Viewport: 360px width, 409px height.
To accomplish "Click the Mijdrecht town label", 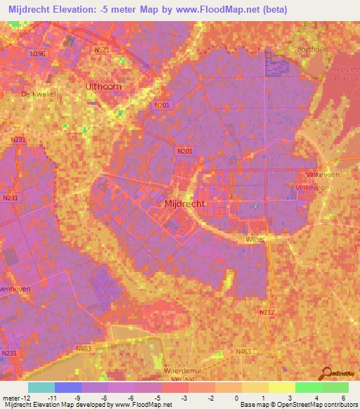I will pyautogui.click(x=184, y=203).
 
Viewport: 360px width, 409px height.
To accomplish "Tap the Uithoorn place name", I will pyautogui.click(x=103, y=85).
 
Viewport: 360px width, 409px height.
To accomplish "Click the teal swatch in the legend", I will pyautogui.click(x=41, y=387).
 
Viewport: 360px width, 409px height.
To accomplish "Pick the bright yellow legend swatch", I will pyautogui.click(x=282, y=387).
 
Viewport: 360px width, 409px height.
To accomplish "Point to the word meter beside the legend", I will pyautogui.click(x=10, y=397).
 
